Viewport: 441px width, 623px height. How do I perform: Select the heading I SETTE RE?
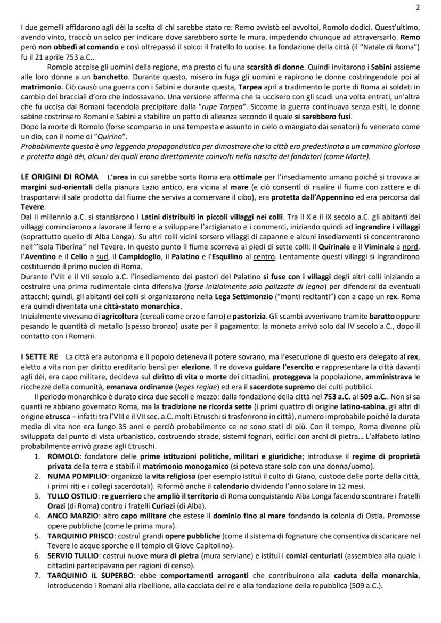[37, 355]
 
